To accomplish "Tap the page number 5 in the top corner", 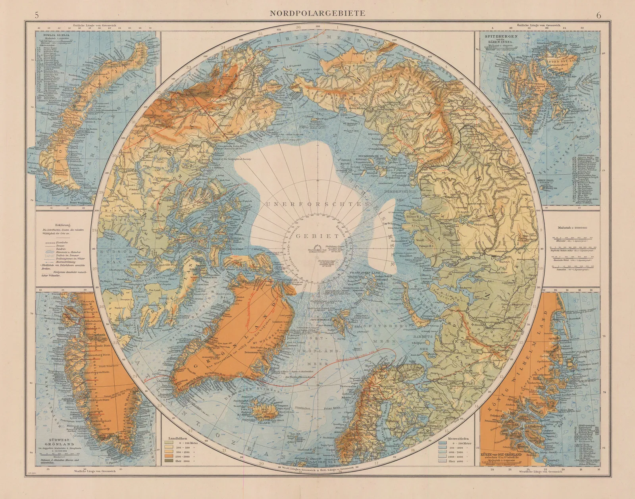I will (x=37, y=16).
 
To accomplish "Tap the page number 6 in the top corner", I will (x=598, y=16).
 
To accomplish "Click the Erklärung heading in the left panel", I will (x=63, y=225).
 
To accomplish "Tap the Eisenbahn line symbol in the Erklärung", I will (x=50, y=243).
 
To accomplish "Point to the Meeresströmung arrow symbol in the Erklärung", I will (x=50, y=262).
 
